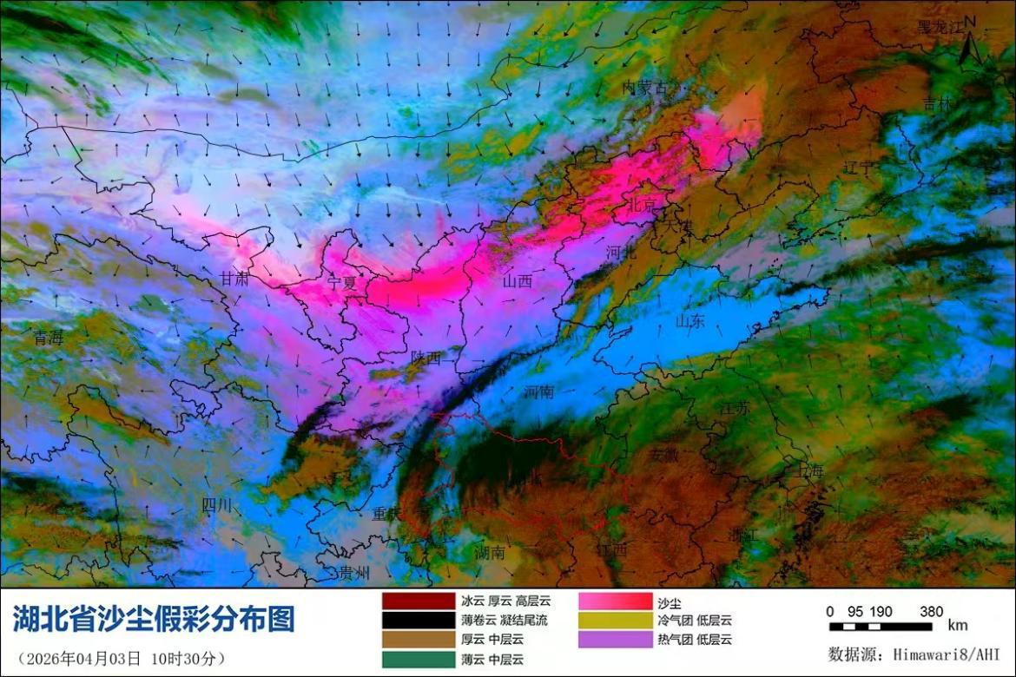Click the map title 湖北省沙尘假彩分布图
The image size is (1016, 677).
(154, 619)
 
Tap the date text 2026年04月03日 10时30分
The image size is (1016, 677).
(122, 657)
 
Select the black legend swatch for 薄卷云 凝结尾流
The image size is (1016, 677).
(418, 621)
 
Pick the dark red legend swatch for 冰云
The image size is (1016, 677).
(418, 601)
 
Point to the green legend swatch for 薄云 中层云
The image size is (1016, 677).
(418, 659)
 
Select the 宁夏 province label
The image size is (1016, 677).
(341, 283)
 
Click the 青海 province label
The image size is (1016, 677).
(48, 338)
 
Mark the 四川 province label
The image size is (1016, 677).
(216, 505)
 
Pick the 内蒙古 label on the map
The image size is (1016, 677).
(645, 88)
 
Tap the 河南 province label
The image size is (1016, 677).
(538, 392)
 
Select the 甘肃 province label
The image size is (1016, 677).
(234, 279)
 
